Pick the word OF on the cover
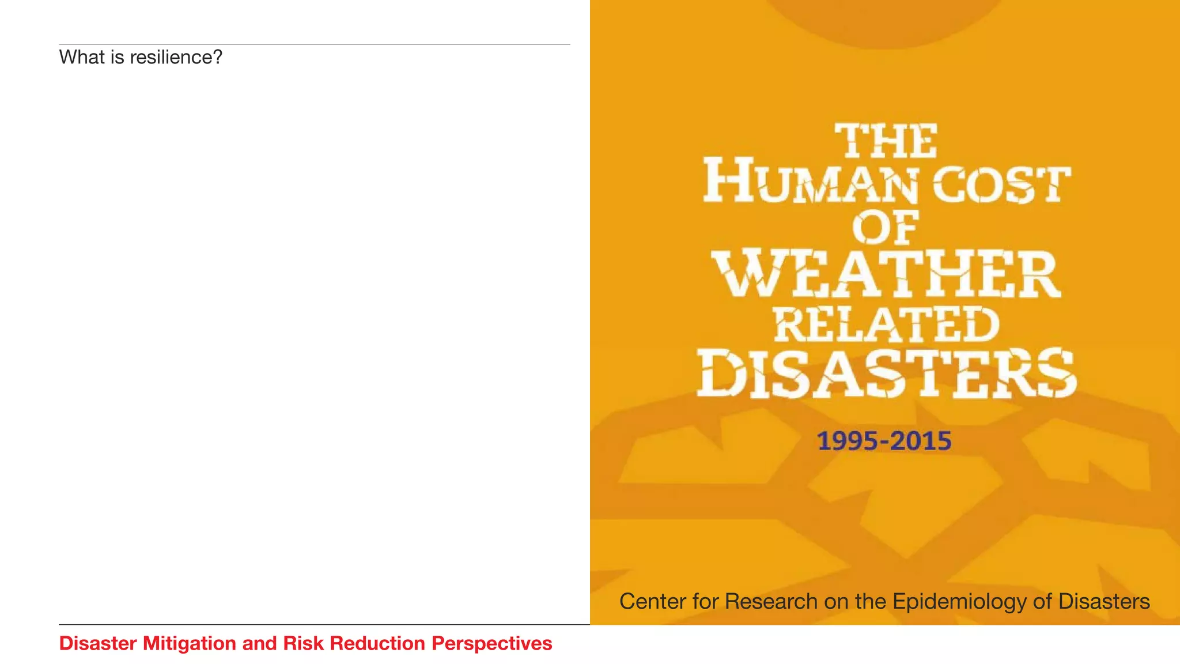pyautogui.click(x=886, y=228)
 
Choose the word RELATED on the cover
pyautogui.click(x=886, y=325)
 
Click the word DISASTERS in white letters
pyautogui.click(x=886, y=373)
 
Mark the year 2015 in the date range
pyautogui.click(x=921, y=441)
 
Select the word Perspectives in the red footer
pyautogui.click(x=492, y=643)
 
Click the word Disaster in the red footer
pyautogui.click(x=98, y=643)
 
